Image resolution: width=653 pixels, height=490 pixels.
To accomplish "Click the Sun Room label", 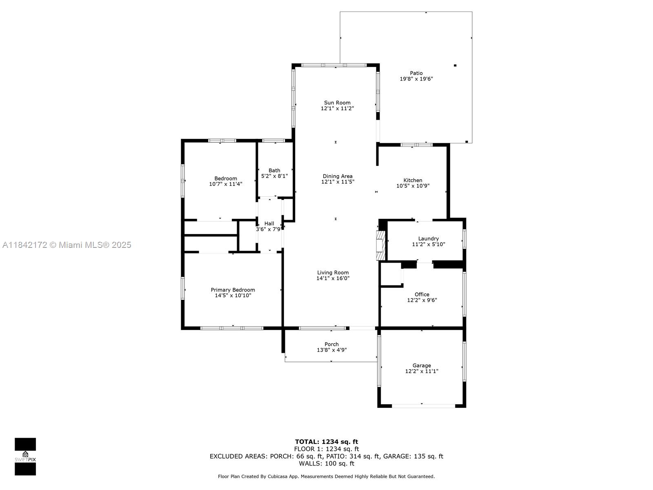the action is click(337, 102).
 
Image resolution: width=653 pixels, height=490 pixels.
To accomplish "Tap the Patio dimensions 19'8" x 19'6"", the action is click(416, 79).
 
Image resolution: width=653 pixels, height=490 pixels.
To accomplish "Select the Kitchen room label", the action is click(413, 180).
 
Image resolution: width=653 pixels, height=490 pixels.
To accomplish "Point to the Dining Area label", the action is click(338, 176).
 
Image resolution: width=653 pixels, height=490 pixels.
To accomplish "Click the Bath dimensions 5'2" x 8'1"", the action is click(274, 176).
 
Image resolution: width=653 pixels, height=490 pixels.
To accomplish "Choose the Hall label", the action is click(269, 223).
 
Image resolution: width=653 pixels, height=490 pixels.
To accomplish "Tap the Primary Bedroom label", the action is click(233, 290).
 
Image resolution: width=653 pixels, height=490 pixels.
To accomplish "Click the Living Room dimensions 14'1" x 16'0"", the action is click(333, 278).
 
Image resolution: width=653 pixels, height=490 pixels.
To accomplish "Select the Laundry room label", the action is click(429, 238).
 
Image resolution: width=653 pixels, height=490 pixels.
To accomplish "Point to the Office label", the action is click(422, 294).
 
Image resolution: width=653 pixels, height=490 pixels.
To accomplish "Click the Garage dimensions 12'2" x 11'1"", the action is click(422, 371).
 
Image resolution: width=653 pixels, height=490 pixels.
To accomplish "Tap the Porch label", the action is click(332, 344).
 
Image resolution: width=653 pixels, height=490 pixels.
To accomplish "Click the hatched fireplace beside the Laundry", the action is click(381, 245).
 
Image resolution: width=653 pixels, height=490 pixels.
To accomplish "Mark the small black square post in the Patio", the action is click(455, 65).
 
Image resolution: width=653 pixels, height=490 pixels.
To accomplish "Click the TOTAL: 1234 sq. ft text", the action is click(326, 442).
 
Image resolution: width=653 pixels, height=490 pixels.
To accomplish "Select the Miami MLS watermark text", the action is click(67, 245).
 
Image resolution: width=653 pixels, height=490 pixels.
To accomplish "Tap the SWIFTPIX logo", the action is click(25, 457).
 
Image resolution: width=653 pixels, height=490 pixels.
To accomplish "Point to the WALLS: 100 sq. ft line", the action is click(326, 463).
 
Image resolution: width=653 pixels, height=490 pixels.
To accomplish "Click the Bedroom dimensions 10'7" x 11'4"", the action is click(226, 184).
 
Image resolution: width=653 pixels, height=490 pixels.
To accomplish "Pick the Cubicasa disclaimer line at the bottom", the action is click(326, 477).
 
